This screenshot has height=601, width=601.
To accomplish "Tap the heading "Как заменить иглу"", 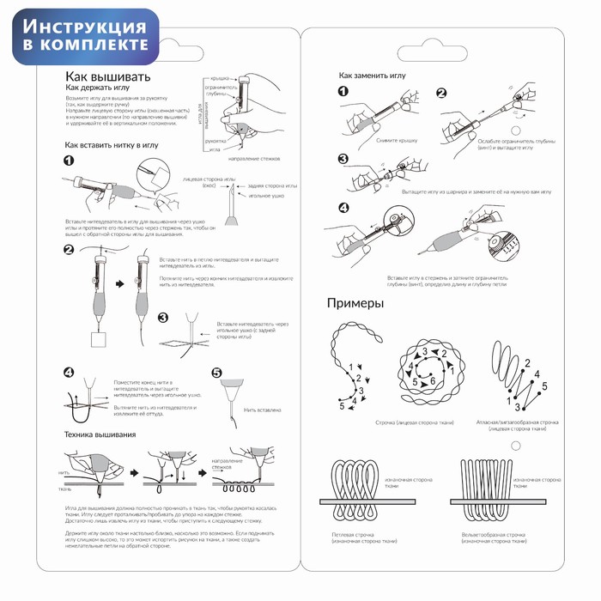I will click(x=372, y=76).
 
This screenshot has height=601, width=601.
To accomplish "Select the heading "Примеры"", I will click(x=355, y=303).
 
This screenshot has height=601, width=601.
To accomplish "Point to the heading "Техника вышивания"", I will click(x=100, y=436).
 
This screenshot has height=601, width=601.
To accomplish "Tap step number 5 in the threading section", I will click(x=216, y=373).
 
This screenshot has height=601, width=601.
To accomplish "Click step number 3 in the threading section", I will click(x=162, y=318).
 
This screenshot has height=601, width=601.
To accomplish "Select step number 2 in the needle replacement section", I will click(x=441, y=94).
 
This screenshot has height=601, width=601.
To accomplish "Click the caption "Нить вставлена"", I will click(x=262, y=410).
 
